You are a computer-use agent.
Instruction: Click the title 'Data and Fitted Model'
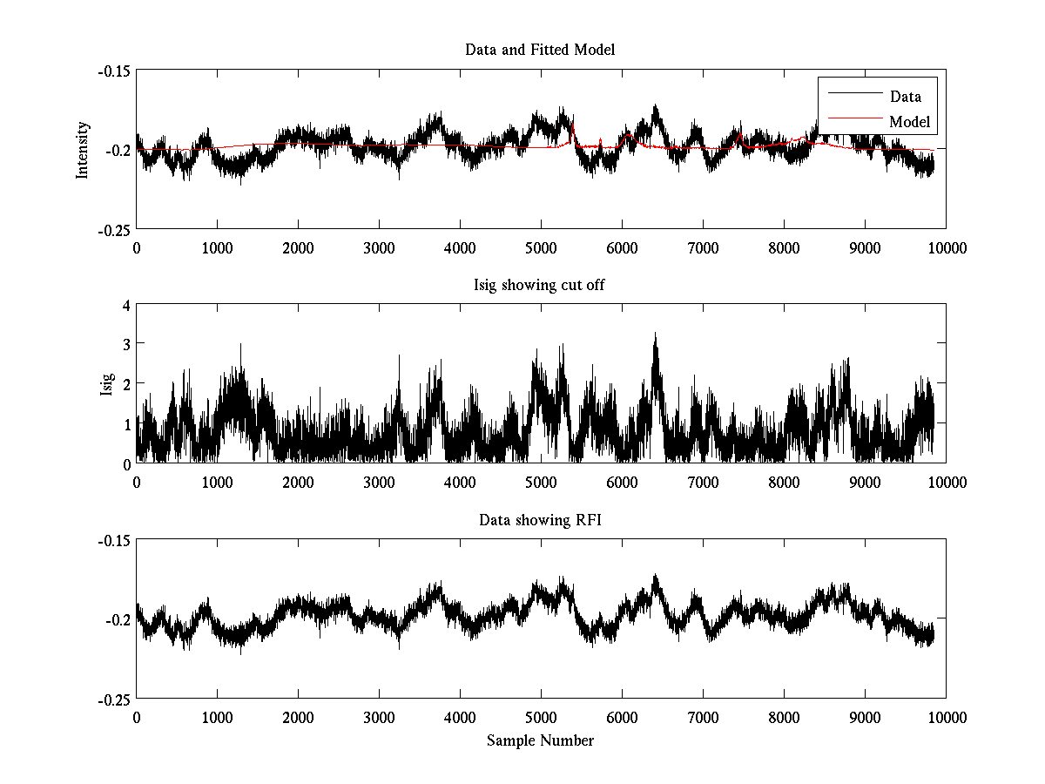[540, 50]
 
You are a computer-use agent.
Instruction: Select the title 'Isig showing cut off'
[540, 285]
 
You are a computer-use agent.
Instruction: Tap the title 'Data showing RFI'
[540, 520]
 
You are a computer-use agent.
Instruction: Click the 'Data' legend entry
[905, 97]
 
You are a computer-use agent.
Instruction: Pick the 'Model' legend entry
[909, 122]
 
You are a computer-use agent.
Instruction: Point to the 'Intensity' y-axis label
[83, 149]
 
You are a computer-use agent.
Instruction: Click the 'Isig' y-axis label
[106, 384]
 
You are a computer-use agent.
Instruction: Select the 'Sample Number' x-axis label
[540, 740]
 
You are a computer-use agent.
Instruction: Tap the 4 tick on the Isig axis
[125, 305]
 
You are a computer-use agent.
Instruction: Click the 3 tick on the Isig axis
[125, 345]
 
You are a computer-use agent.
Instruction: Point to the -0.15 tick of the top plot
[113, 71]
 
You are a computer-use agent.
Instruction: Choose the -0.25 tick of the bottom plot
[113, 700]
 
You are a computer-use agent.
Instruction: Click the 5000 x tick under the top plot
[541, 247]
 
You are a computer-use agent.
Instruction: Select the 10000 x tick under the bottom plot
[947, 718]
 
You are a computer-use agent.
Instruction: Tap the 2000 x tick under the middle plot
[298, 483]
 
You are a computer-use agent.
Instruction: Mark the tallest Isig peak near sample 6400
[655, 334]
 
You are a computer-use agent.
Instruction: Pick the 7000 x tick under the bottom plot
[703, 718]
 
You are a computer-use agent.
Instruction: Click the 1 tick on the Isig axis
[125, 423]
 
